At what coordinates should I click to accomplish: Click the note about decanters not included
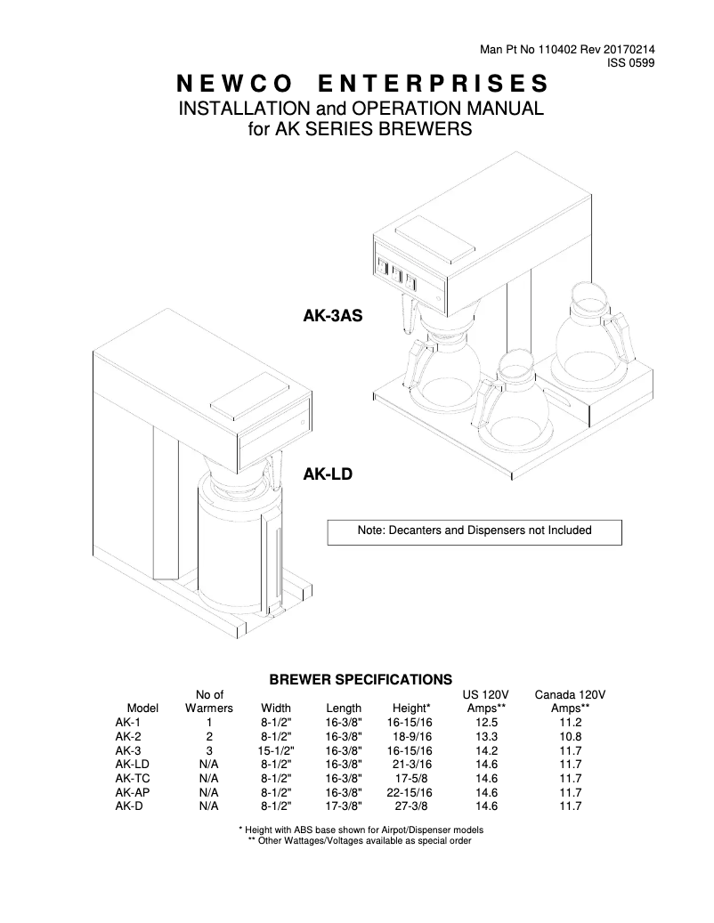(x=474, y=530)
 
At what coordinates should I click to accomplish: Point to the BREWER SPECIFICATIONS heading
(x=361, y=679)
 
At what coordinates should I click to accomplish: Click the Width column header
(x=276, y=708)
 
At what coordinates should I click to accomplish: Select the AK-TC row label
(x=132, y=778)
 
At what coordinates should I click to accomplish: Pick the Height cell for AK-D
(x=412, y=806)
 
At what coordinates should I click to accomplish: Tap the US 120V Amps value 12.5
(x=486, y=723)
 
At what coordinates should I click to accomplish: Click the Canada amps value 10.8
(x=570, y=737)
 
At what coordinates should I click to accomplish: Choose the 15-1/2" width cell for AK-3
(x=276, y=750)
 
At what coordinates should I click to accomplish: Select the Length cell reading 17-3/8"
(x=344, y=806)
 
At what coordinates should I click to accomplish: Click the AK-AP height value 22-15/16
(x=412, y=792)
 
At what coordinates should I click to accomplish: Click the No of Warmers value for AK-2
(x=209, y=737)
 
